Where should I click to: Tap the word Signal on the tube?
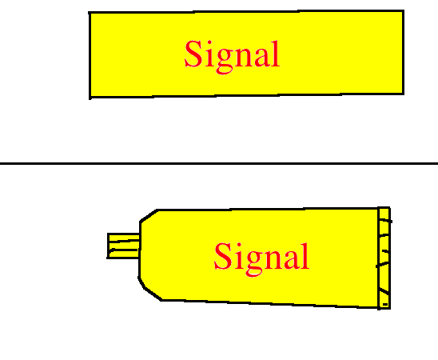coord(261,258)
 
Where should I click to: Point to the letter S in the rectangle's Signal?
coord(193,54)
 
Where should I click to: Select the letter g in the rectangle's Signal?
coord(225,61)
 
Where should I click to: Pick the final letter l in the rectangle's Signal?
coord(276,54)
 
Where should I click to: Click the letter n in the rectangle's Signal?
coord(244,58)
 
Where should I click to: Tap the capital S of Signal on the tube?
coord(223,256)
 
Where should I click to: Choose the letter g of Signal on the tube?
coord(254,263)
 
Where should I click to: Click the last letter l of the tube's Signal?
coord(305,256)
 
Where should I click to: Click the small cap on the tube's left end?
coord(123,246)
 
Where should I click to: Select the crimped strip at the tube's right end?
coord(384,258)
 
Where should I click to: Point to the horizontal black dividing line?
coord(219,163)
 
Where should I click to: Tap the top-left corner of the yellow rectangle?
coord(90,13)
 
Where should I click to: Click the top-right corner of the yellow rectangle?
coord(404,11)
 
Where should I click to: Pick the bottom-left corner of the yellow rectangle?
coord(90,98)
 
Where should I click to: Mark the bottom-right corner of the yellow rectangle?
coord(404,94)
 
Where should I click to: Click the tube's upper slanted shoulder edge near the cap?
coord(149,215)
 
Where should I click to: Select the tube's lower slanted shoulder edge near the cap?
coord(149,290)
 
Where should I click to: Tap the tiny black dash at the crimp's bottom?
coord(385,304)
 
